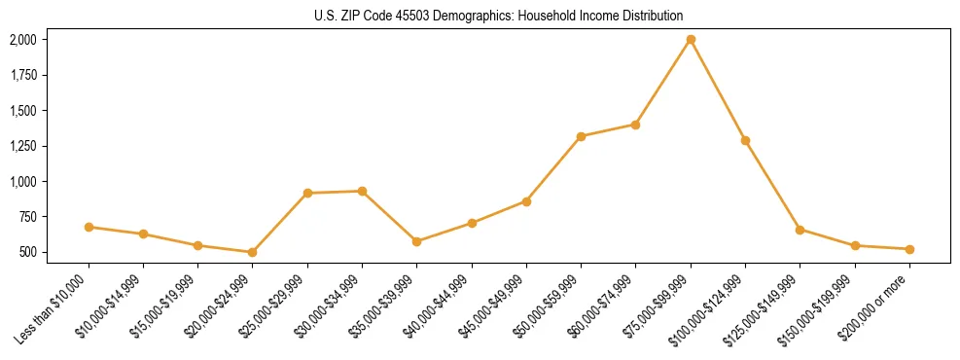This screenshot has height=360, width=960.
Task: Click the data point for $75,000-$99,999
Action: click(691, 40)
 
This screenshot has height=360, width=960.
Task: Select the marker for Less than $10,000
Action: click(89, 227)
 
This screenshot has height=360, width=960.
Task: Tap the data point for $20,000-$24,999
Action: click(253, 252)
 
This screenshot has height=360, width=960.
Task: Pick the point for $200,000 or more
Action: click(909, 249)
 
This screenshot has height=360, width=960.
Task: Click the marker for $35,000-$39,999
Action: click(416, 241)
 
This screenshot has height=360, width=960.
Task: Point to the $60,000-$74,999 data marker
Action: click(635, 125)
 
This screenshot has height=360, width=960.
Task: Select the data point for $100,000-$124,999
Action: click(745, 140)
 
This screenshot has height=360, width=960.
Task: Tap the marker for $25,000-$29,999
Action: click(307, 193)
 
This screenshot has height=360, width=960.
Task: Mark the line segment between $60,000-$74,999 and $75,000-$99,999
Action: click(663, 82)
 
